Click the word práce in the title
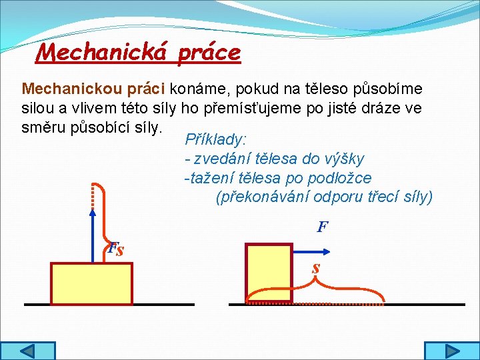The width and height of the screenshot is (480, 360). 208,52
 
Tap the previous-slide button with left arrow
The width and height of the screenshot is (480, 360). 27,351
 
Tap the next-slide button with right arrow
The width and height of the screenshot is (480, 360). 451,351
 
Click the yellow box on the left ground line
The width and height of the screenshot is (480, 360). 92,283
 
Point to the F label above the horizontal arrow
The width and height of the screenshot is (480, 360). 322,227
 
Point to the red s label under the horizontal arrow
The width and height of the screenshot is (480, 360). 316,268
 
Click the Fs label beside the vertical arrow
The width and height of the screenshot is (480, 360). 116,250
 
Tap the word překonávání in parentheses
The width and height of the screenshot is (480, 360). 266,197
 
